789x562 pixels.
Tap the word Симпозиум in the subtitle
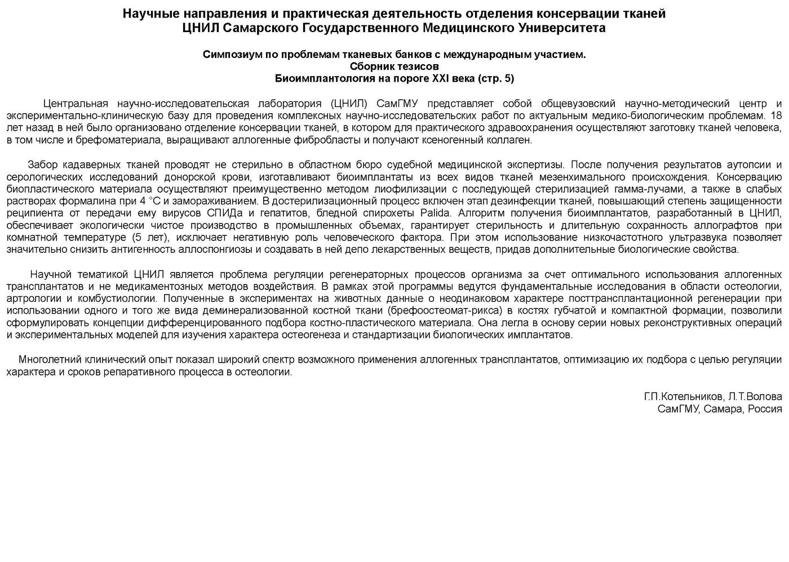point(228,55)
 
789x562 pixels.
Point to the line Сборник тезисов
point(394,66)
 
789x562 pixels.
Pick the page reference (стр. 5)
point(495,78)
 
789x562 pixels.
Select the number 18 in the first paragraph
point(775,115)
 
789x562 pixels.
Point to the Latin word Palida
point(435,213)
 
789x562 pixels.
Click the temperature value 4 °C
point(147,201)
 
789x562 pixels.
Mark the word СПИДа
point(219,213)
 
